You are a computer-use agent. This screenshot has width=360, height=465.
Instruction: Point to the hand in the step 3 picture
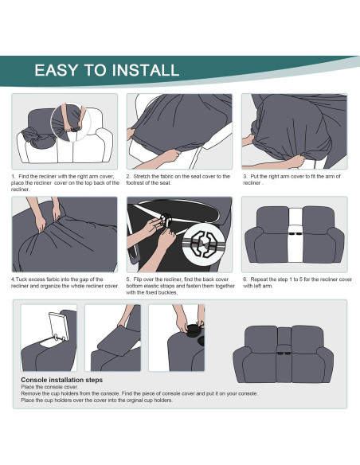(294, 160)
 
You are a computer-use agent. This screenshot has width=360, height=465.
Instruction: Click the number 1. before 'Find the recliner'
(14, 176)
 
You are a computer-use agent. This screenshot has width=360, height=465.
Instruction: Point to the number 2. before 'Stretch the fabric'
(128, 176)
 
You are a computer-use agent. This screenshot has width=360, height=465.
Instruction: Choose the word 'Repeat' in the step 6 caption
(260, 279)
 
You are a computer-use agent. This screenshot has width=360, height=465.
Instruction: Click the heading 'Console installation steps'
(61, 380)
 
